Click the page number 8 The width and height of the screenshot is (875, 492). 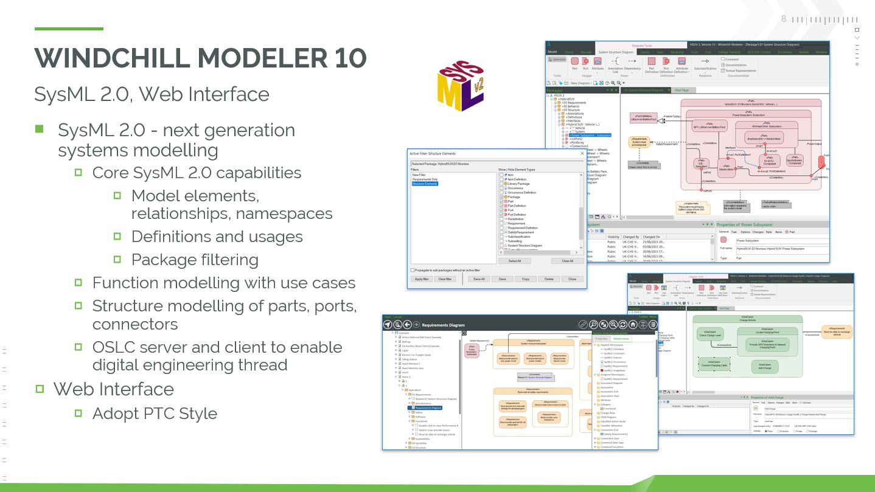coord(784,19)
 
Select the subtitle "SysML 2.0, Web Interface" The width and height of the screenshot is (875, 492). coord(152,94)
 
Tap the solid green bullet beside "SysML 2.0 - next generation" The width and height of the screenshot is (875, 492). coord(40,129)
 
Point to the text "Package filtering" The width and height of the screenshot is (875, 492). coord(195,260)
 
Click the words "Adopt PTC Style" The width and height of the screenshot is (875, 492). coord(155,414)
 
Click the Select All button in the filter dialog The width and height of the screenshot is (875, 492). coord(514,261)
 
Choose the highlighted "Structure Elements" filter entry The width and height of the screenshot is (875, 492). coord(425,184)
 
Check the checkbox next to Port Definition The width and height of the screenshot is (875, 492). coord(502,215)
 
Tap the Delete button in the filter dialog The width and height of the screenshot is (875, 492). coord(549,279)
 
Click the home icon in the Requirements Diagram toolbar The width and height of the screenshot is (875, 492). coord(633,325)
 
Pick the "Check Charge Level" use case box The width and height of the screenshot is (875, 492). coord(711,335)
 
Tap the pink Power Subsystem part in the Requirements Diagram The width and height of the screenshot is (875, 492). coord(472,350)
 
